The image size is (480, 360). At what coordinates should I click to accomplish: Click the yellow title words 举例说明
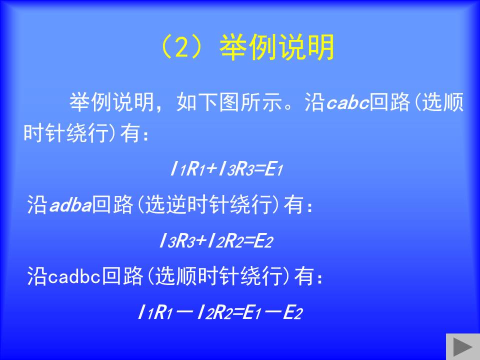coord(276,47)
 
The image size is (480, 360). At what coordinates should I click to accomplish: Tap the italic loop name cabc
coord(348,102)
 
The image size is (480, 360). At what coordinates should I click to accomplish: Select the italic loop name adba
coord(70,204)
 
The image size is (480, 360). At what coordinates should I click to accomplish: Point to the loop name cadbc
coord(74,276)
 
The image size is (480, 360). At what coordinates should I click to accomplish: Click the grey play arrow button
coord(462,346)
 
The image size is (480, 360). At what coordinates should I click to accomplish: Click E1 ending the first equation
coord(273,169)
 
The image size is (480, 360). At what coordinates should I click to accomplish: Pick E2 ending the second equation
coord(263,241)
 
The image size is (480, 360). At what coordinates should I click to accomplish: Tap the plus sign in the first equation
coord(212,169)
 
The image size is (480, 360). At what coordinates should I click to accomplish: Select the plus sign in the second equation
coord(201,241)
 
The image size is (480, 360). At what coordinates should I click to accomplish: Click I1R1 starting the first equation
coord(187,169)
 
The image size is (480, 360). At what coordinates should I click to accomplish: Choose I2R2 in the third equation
coord(214,312)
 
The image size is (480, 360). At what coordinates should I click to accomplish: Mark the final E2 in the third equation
coord(292,312)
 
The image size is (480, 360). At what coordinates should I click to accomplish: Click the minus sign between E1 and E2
coord(272,313)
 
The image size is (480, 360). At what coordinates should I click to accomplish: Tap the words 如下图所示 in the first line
coord(229,102)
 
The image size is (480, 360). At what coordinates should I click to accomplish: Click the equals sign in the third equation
coord(237,313)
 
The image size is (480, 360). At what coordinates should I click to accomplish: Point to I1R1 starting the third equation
coord(155,312)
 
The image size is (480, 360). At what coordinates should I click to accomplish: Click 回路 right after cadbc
coord(122,276)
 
